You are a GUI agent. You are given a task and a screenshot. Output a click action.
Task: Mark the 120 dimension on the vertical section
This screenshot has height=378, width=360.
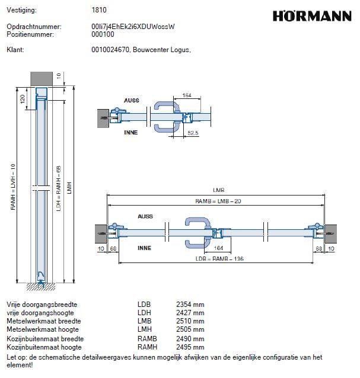(23, 98)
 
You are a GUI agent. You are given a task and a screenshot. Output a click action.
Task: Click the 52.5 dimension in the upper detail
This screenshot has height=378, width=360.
(193, 133)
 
